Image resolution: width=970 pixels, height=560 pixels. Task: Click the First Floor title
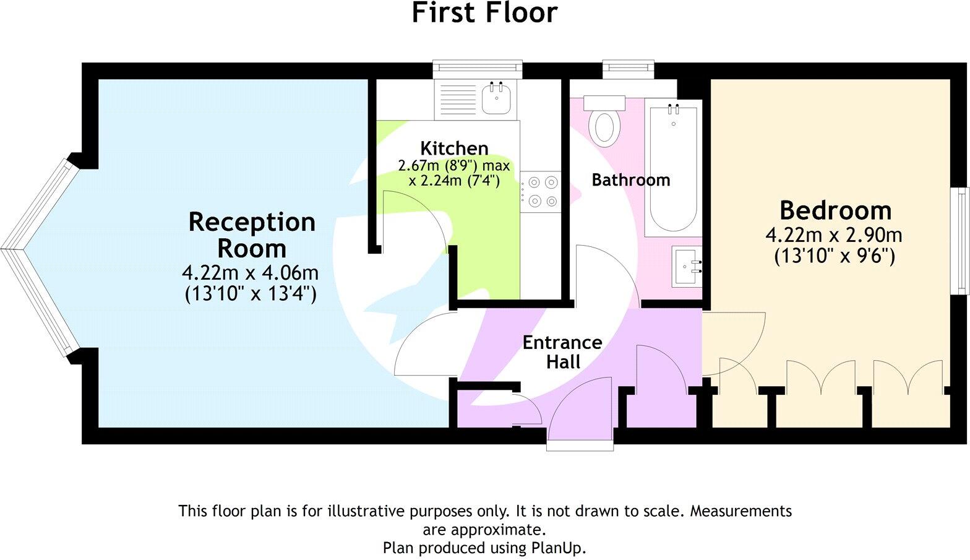tap(484, 13)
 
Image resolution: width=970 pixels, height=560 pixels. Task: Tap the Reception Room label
tap(252, 235)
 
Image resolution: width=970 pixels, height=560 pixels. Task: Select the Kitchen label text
tap(454, 148)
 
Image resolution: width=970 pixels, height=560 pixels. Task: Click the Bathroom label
tap(630, 180)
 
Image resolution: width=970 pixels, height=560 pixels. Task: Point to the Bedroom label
tap(835, 210)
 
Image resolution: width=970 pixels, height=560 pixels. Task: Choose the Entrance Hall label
tap(562, 351)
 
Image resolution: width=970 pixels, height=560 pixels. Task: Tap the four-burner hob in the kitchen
tap(540, 192)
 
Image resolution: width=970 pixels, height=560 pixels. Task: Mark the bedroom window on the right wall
tap(961, 241)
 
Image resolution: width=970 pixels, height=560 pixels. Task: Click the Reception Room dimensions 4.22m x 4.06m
tap(251, 272)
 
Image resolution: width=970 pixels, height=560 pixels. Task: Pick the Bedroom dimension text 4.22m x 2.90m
tap(834, 235)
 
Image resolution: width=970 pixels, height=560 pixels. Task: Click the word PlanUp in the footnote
tap(557, 548)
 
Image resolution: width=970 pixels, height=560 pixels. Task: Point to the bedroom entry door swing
tap(733, 343)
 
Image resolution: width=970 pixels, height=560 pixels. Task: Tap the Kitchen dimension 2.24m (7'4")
tap(454, 181)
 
